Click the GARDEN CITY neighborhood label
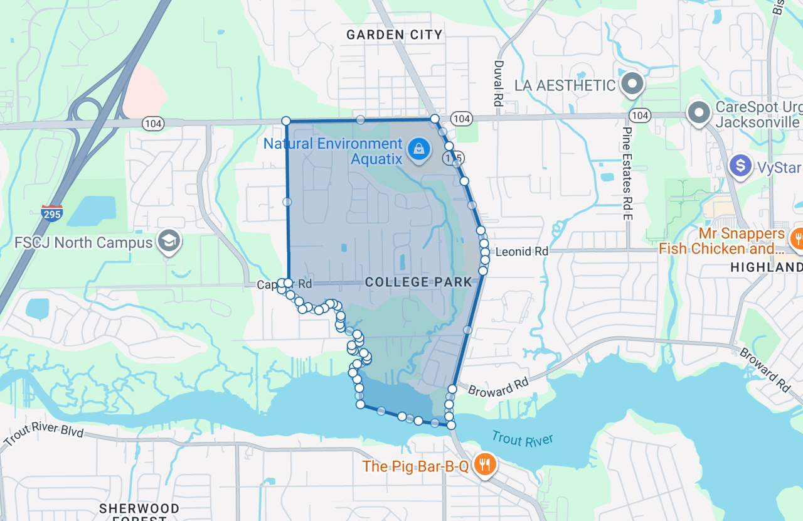click(x=395, y=35)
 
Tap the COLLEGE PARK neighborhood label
click(x=418, y=282)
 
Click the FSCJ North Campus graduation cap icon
click(x=169, y=240)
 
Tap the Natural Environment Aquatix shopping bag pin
click(x=418, y=149)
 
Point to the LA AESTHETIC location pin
click(x=632, y=84)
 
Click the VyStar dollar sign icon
click(x=741, y=166)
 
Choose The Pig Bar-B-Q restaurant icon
click(x=484, y=465)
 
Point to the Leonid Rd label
click(x=522, y=252)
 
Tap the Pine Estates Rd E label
click(x=626, y=173)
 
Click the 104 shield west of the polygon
click(x=152, y=124)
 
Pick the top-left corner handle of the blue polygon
click(x=286, y=121)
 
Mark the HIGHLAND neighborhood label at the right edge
click(x=767, y=267)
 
